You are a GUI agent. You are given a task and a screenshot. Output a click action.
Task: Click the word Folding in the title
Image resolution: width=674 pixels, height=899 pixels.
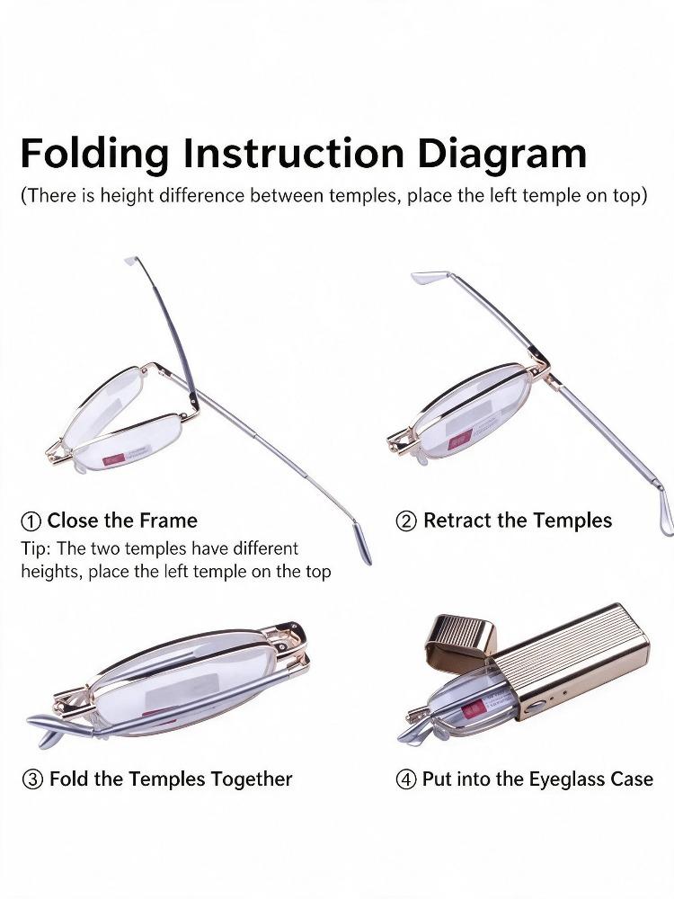[x=95, y=155]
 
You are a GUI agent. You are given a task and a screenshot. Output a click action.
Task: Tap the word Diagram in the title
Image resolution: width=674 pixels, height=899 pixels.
[x=502, y=155]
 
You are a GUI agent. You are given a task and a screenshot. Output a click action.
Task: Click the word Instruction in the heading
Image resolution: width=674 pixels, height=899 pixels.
[x=294, y=153]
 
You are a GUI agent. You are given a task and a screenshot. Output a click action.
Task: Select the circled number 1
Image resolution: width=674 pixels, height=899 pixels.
[x=31, y=521]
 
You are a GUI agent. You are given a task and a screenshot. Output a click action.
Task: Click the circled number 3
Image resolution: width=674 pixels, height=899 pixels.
[x=32, y=779]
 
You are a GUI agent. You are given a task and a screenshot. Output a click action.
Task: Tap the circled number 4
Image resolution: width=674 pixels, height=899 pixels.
[x=406, y=779]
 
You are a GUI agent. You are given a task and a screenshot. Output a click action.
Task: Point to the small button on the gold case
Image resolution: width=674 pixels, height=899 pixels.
[x=535, y=705]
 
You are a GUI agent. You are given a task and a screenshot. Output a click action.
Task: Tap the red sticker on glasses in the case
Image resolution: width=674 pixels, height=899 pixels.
[x=474, y=712]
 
